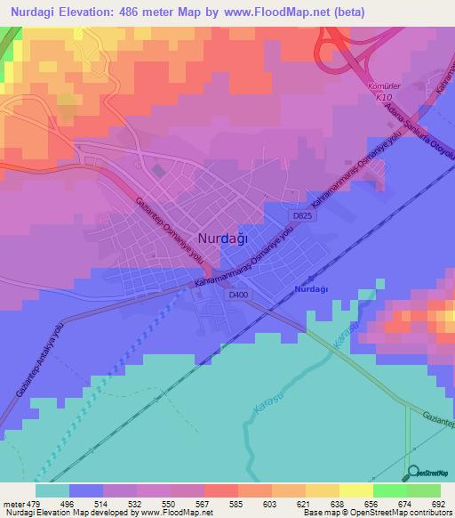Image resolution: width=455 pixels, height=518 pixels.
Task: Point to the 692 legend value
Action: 437,504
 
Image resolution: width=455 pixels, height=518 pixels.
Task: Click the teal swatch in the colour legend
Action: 52,490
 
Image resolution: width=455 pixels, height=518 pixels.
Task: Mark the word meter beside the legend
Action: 14,504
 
